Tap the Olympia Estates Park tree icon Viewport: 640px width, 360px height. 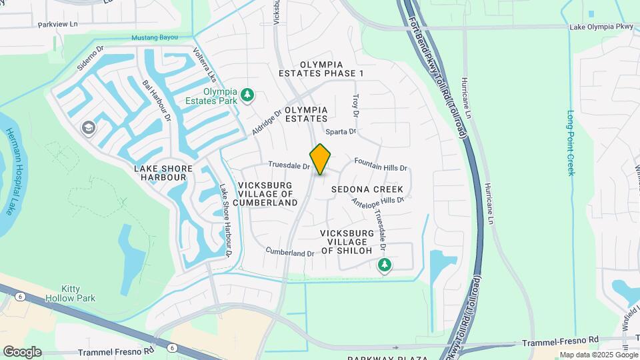tap(247, 95)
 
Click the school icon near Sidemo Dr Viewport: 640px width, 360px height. tap(88, 127)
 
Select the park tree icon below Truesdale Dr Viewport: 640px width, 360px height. tap(385, 266)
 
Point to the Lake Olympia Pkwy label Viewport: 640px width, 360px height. tap(599, 27)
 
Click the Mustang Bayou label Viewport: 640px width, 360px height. tap(155, 37)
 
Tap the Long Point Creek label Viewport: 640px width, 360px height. tap(571, 143)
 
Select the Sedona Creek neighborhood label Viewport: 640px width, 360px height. tap(367, 190)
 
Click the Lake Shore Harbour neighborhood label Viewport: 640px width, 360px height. tap(160, 173)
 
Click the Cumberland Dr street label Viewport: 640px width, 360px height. tap(289, 253)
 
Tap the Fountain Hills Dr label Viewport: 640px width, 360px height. tap(380, 164)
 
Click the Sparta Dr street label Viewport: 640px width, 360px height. tap(341, 132)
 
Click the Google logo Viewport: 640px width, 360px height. tap(22, 351)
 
